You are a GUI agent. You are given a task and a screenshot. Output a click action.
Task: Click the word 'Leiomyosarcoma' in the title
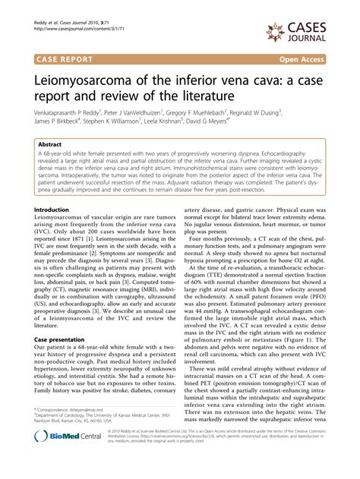tap(87, 77)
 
